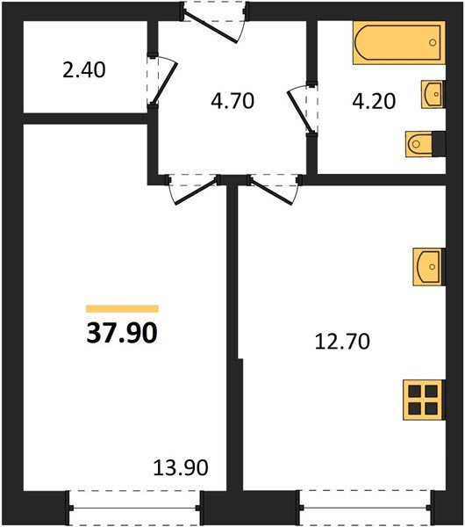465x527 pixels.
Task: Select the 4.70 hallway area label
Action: [232, 100]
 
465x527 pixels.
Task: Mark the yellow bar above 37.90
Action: [122, 309]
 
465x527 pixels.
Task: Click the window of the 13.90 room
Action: [135, 508]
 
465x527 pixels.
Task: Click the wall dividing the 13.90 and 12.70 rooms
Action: [234, 351]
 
